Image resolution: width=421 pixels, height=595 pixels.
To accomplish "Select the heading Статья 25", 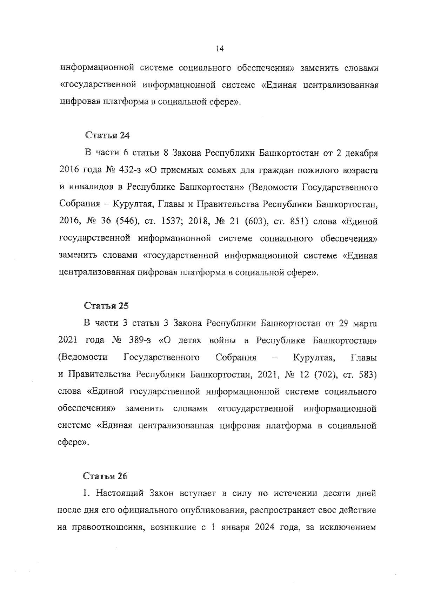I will pos(106,306).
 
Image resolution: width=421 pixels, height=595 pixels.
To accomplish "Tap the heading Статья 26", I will pos(105,476).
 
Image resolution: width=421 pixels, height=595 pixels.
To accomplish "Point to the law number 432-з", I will pos(129,171).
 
